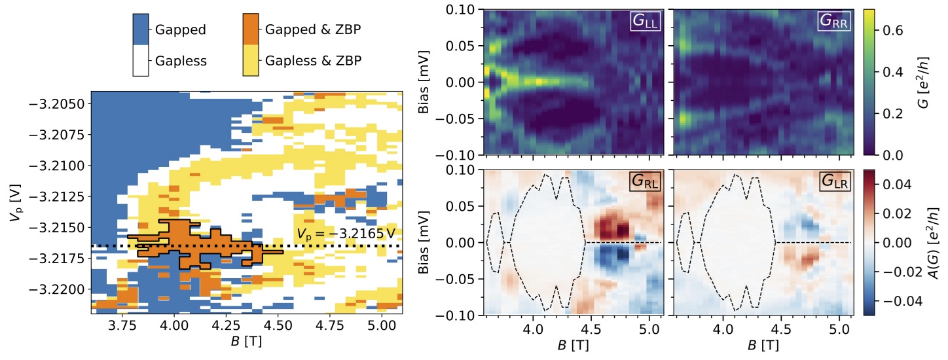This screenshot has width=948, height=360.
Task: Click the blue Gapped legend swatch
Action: click(141, 29)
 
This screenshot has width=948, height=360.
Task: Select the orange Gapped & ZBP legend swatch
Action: click(251, 29)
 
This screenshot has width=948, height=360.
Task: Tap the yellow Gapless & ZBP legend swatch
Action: click(251, 60)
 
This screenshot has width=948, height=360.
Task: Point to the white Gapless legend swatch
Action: click(141, 60)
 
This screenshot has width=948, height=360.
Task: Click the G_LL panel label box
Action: click(645, 21)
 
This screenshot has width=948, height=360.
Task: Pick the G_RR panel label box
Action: click(833, 21)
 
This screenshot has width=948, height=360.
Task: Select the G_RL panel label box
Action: click(645, 181)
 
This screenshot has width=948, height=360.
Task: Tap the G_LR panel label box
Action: click(834, 181)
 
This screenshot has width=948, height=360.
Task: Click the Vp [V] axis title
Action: click(15, 203)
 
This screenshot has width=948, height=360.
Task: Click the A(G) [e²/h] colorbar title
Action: click(933, 242)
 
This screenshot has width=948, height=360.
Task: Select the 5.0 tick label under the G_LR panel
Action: click(839, 329)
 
